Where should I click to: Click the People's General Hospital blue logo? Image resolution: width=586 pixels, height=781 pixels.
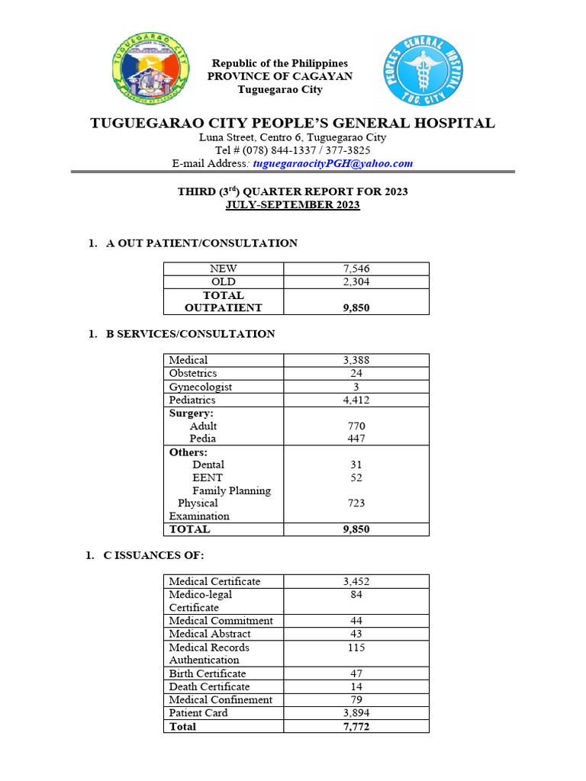[x=422, y=71]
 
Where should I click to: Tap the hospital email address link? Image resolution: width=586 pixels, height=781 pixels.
[x=333, y=163]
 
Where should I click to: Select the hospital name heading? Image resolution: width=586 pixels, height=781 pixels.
[x=292, y=123]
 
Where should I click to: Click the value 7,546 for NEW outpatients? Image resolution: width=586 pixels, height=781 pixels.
[x=356, y=268]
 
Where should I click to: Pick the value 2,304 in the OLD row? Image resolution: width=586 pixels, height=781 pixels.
[x=356, y=281]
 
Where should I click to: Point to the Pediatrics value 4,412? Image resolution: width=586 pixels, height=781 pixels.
[x=356, y=400]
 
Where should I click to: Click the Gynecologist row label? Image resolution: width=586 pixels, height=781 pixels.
[x=200, y=387]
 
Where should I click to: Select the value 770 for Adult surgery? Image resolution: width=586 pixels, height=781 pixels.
[x=356, y=426]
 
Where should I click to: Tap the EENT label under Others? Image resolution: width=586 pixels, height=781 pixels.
[x=208, y=477]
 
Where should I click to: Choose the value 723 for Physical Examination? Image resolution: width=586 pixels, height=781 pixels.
[x=356, y=503]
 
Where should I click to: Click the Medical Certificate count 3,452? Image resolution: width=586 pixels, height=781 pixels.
[x=356, y=581]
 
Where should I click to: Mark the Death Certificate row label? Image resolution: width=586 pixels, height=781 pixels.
[x=209, y=686]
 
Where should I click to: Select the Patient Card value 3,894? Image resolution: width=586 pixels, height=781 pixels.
[x=356, y=712]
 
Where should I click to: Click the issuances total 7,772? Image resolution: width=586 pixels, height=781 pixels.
[x=356, y=726]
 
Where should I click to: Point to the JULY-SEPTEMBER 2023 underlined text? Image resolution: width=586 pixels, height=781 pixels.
[x=292, y=205]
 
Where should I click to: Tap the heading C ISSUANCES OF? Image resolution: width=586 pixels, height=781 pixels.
[x=153, y=555]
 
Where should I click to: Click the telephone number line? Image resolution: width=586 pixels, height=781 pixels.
[x=292, y=150]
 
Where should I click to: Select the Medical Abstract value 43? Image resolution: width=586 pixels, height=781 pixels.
[x=356, y=634]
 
